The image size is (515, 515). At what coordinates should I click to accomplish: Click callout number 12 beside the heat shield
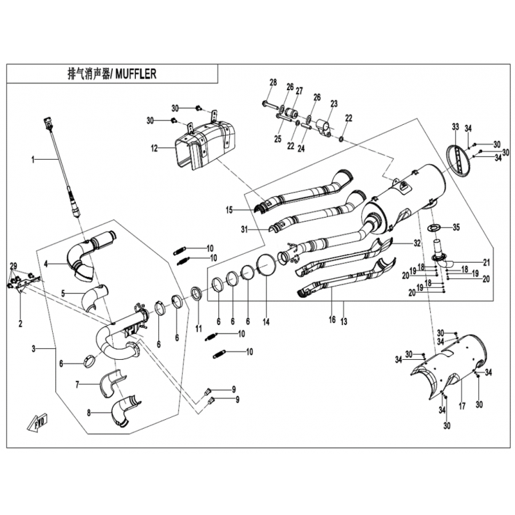pyautogui.click(x=154, y=148)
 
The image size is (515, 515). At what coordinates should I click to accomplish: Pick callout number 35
pyautogui.click(x=456, y=227)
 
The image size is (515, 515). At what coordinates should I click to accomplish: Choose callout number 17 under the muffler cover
pyautogui.click(x=461, y=406)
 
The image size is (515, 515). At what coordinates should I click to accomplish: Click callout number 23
pyautogui.click(x=334, y=104)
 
